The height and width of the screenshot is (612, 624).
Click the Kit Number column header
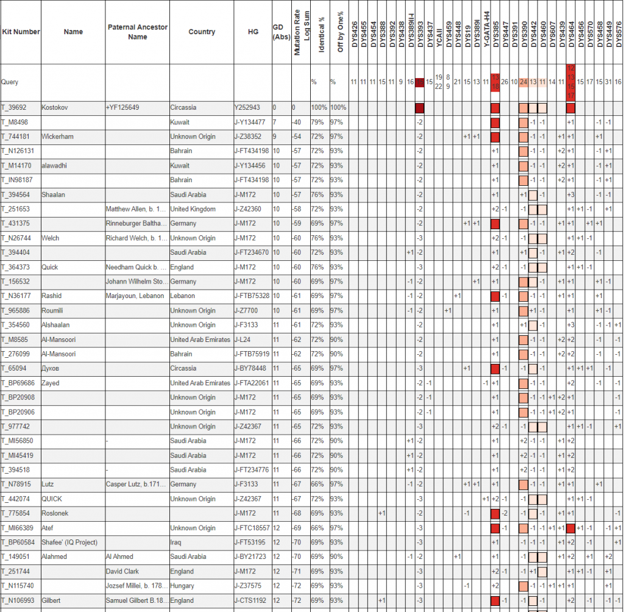(x=21, y=32)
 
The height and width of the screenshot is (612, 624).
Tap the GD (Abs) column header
(x=278, y=32)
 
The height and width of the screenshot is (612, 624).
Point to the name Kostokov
(x=55, y=108)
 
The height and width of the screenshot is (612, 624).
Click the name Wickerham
(x=57, y=137)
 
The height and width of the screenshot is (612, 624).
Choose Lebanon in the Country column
(x=183, y=296)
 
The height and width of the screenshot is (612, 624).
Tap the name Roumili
(x=52, y=310)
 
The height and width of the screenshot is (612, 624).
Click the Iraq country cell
(x=175, y=543)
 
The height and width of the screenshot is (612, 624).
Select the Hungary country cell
(x=183, y=586)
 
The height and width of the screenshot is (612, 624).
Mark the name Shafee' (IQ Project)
(x=69, y=543)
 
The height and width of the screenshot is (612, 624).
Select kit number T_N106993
(x=18, y=600)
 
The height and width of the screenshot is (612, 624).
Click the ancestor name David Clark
(x=122, y=571)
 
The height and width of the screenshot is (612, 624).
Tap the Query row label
(x=10, y=82)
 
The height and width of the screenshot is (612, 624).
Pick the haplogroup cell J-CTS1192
(x=251, y=600)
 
